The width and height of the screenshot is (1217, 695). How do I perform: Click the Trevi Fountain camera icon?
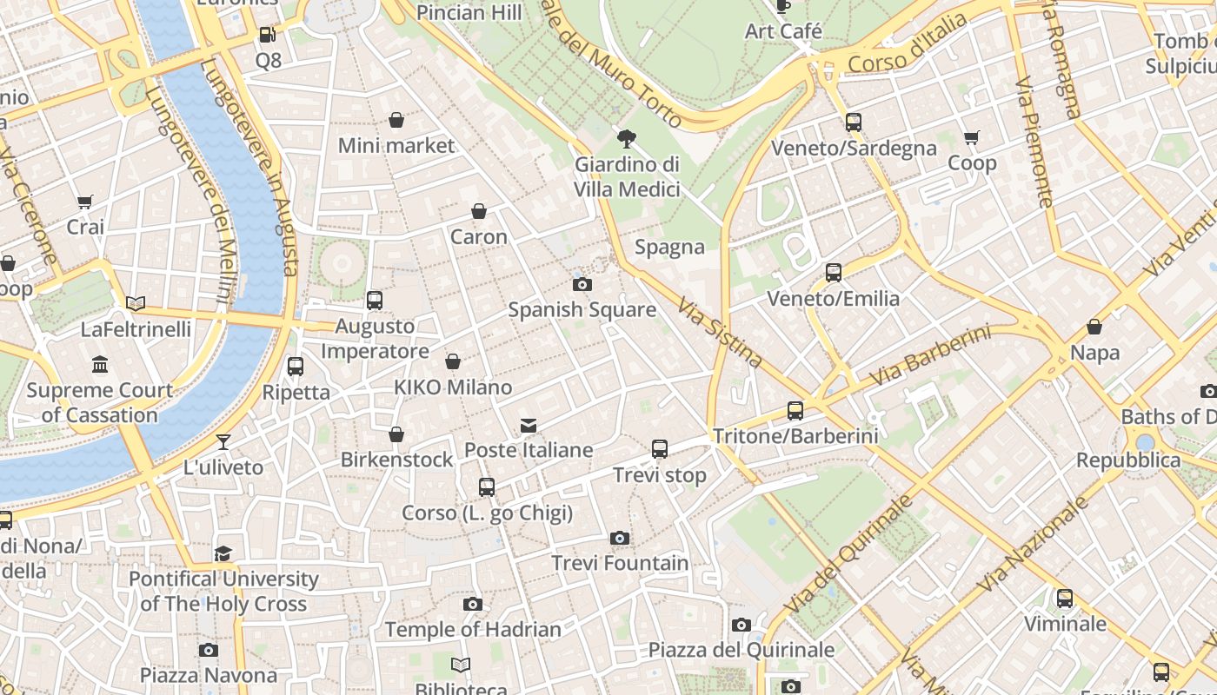tap(619, 539)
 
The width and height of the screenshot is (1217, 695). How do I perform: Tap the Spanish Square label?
tap(582, 309)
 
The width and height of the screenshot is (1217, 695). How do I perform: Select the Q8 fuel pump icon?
tap(268, 36)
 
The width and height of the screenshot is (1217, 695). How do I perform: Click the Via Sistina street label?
tap(720, 333)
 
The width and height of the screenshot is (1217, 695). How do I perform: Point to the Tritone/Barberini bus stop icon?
tap(795, 411)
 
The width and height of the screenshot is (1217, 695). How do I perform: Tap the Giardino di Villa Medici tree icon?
tap(626, 139)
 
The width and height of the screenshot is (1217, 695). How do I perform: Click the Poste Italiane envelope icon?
tap(529, 426)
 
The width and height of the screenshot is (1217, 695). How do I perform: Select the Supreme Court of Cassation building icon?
tap(100, 365)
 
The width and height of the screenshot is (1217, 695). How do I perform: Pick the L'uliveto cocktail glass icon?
tap(223, 442)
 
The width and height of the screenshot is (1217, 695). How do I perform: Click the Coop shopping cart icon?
tap(972, 137)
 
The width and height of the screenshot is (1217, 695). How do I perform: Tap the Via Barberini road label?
tap(930, 356)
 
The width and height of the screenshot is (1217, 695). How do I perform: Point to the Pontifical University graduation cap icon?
tap(223, 553)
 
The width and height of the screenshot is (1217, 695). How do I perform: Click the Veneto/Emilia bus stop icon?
tap(834, 273)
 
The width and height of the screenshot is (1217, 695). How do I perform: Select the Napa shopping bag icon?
tap(1094, 328)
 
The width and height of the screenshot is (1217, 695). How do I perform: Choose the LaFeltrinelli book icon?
tap(136, 304)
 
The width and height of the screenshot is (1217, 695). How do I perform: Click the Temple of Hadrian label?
tap(473, 629)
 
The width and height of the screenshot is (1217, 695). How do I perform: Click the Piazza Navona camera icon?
tap(208, 650)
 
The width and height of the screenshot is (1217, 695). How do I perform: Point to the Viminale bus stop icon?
tap(1065, 599)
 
